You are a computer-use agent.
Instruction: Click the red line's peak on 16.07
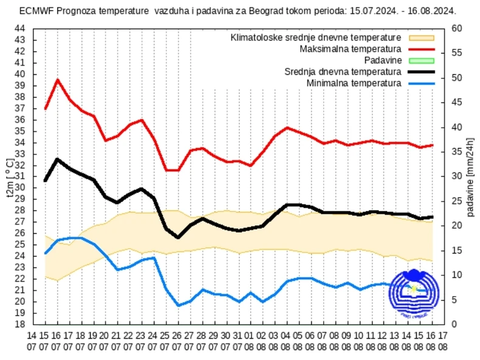(x=58, y=80)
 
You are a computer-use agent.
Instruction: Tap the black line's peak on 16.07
(x=58, y=159)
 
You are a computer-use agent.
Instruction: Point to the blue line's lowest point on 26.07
(x=178, y=305)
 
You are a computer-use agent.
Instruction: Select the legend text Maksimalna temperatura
(x=351, y=49)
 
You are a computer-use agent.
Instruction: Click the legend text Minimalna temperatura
(x=354, y=83)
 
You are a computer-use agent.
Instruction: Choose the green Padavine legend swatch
(x=420, y=60)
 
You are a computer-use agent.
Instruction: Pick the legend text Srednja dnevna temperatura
(x=343, y=71)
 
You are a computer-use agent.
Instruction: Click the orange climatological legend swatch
(x=420, y=38)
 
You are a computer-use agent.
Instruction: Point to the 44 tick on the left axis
(x=19, y=29)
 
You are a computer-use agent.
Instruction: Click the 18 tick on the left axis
(x=19, y=324)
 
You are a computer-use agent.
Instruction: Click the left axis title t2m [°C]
(x=9, y=176)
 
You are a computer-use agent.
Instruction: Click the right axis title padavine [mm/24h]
(x=471, y=176)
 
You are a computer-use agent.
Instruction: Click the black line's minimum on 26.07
(x=178, y=237)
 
